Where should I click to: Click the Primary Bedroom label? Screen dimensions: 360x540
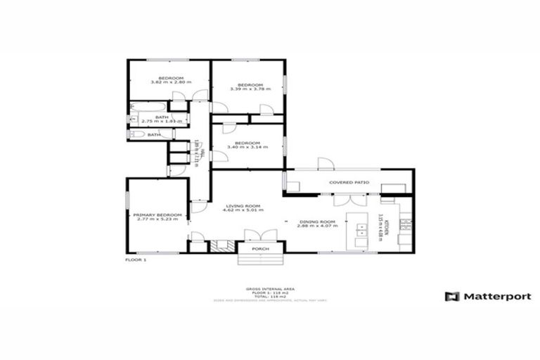point(157,214)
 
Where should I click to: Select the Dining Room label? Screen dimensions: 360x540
point(317,221)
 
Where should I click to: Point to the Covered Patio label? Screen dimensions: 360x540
point(349,182)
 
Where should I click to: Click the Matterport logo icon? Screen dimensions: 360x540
point(452,296)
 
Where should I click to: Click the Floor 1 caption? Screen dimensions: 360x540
point(136,260)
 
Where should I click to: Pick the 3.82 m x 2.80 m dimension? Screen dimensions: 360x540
point(171,82)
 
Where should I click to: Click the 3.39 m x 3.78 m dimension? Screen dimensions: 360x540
point(250,89)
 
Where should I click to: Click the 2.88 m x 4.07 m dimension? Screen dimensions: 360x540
point(317,226)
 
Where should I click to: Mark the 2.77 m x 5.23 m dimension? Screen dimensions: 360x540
point(157,219)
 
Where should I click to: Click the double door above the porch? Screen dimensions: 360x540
point(252,236)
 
